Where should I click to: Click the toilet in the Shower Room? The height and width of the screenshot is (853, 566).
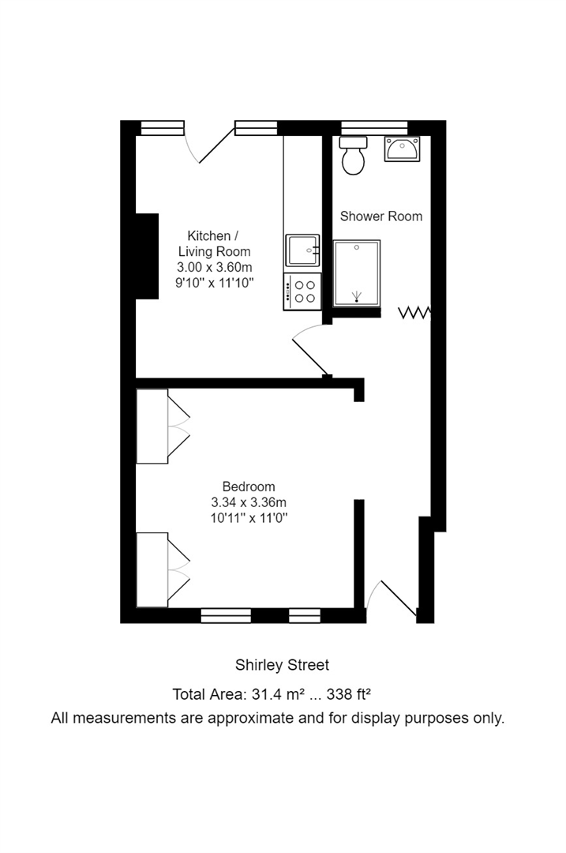click(x=352, y=157)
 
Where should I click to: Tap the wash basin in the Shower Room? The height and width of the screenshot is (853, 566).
click(x=403, y=148)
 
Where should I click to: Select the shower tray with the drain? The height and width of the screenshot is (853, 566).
click(x=357, y=273)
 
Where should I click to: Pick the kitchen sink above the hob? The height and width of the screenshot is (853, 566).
click(x=302, y=250)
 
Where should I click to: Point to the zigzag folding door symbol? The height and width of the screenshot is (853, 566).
click(x=414, y=313)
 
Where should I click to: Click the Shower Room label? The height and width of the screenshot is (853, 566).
click(x=380, y=216)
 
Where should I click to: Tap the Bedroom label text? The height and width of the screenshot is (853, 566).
click(x=249, y=487)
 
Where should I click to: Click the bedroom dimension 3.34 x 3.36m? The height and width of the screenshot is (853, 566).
click(x=249, y=502)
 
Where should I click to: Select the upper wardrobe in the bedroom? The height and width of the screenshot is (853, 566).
click(x=152, y=426)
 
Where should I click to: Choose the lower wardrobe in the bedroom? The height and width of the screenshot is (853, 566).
click(x=152, y=569)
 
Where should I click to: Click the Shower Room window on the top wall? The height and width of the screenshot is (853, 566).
click(x=374, y=127)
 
